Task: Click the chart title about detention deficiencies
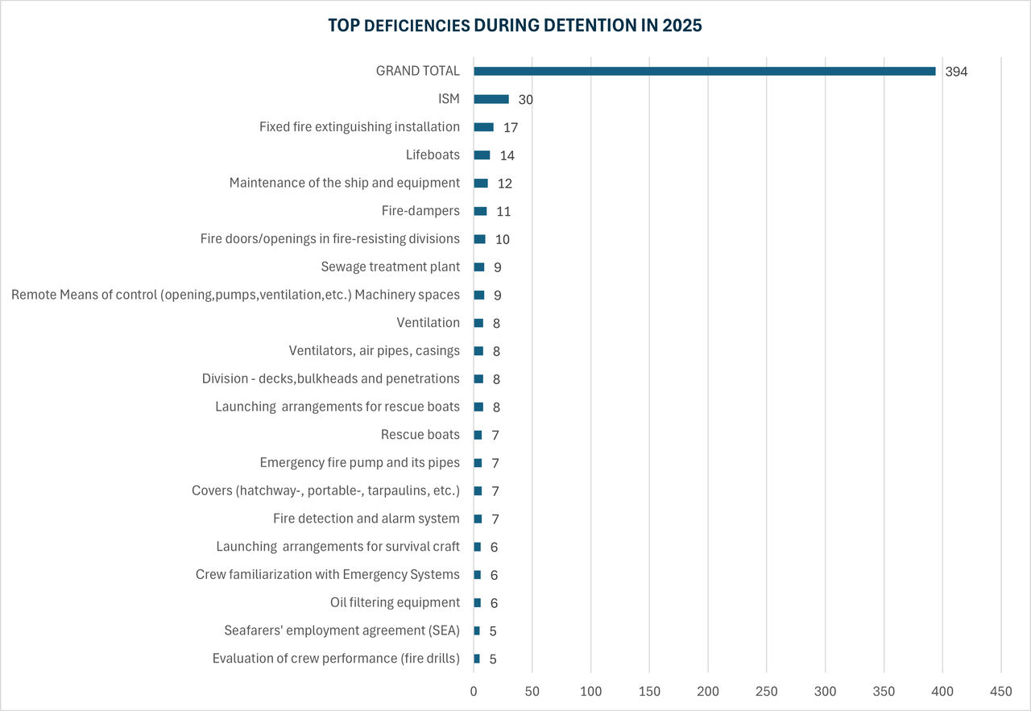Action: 515,26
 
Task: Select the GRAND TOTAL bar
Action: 704,71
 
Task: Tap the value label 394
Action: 956,72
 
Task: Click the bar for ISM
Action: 491,99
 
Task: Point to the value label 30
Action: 526,100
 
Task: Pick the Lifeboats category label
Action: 433,155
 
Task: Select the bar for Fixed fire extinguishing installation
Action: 483,127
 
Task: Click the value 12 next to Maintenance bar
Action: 505,184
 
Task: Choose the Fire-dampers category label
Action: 420,211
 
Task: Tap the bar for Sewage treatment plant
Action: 479,267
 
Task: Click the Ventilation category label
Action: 428,323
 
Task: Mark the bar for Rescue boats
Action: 478,435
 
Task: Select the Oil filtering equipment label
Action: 395,602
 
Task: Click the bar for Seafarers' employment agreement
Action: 477,630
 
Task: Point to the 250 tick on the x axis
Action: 766,692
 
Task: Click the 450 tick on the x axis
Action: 1000,692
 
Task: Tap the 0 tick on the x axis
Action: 474,692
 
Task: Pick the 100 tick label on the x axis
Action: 590,692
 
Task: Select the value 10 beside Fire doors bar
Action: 503,240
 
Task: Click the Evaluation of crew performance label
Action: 336,659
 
